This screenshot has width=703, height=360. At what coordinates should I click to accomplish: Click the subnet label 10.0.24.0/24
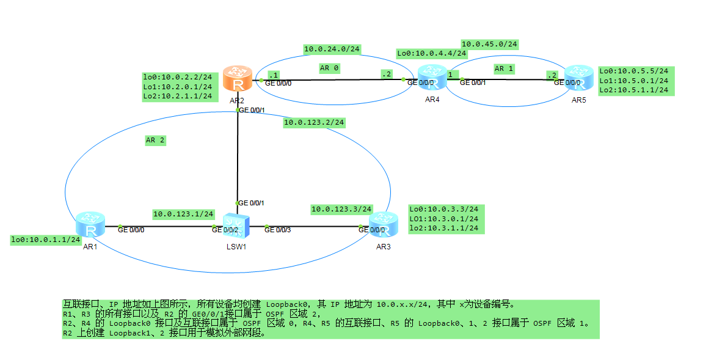[332, 49]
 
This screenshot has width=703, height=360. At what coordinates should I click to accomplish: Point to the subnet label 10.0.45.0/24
[489, 44]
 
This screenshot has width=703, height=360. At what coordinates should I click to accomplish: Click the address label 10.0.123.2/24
[314, 123]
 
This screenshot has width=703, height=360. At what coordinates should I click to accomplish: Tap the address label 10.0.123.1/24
[183, 214]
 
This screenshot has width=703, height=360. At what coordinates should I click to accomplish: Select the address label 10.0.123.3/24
[341, 209]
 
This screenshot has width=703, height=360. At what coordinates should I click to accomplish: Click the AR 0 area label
[329, 68]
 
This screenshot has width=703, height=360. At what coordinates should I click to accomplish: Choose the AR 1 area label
[504, 69]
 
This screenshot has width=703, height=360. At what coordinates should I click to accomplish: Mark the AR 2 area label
[155, 140]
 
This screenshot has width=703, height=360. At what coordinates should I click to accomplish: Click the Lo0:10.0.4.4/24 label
[432, 54]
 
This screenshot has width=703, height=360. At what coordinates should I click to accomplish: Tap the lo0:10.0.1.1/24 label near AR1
[46, 240]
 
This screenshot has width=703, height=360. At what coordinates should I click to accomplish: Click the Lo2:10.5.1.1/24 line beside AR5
[634, 90]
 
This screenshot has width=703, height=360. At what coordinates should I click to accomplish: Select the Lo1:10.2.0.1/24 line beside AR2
[177, 87]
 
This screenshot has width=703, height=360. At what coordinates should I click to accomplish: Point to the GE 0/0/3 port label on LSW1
[277, 230]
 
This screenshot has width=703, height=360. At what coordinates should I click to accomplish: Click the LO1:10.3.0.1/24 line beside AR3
[443, 219]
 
